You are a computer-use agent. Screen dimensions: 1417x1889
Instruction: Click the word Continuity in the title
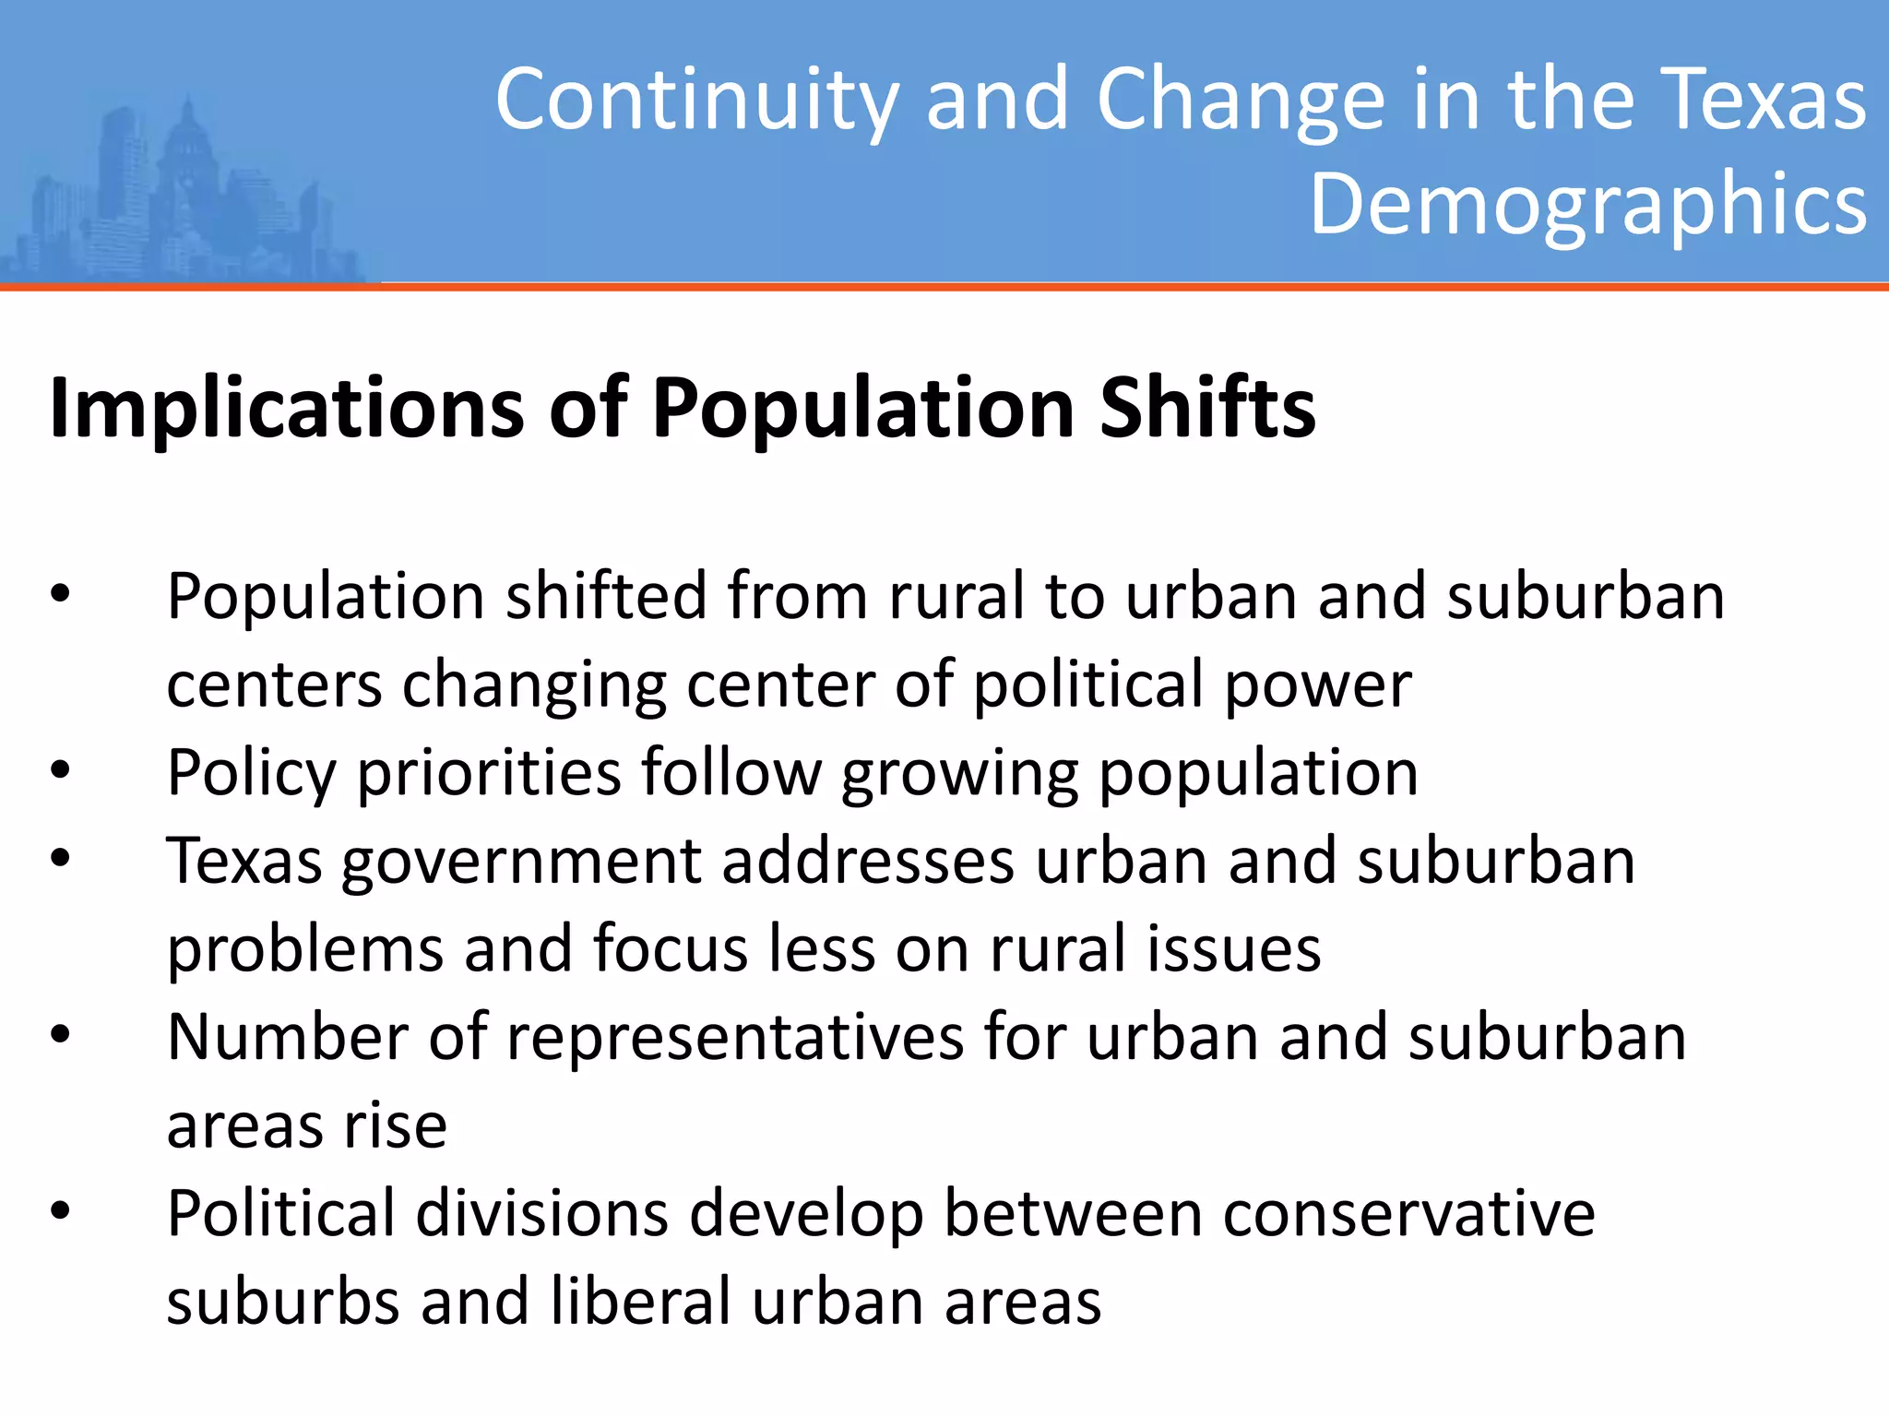(696, 100)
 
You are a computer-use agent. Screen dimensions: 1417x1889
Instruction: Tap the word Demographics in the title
(1588, 204)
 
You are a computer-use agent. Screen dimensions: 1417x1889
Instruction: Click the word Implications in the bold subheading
(287, 408)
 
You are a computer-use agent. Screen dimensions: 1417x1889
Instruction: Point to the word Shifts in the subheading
(1207, 408)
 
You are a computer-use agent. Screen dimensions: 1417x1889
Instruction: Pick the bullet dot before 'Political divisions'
(61, 1212)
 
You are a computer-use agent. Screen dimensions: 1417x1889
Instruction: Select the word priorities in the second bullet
(489, 772)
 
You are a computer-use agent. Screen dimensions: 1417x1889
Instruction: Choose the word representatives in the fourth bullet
(735, 1037)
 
